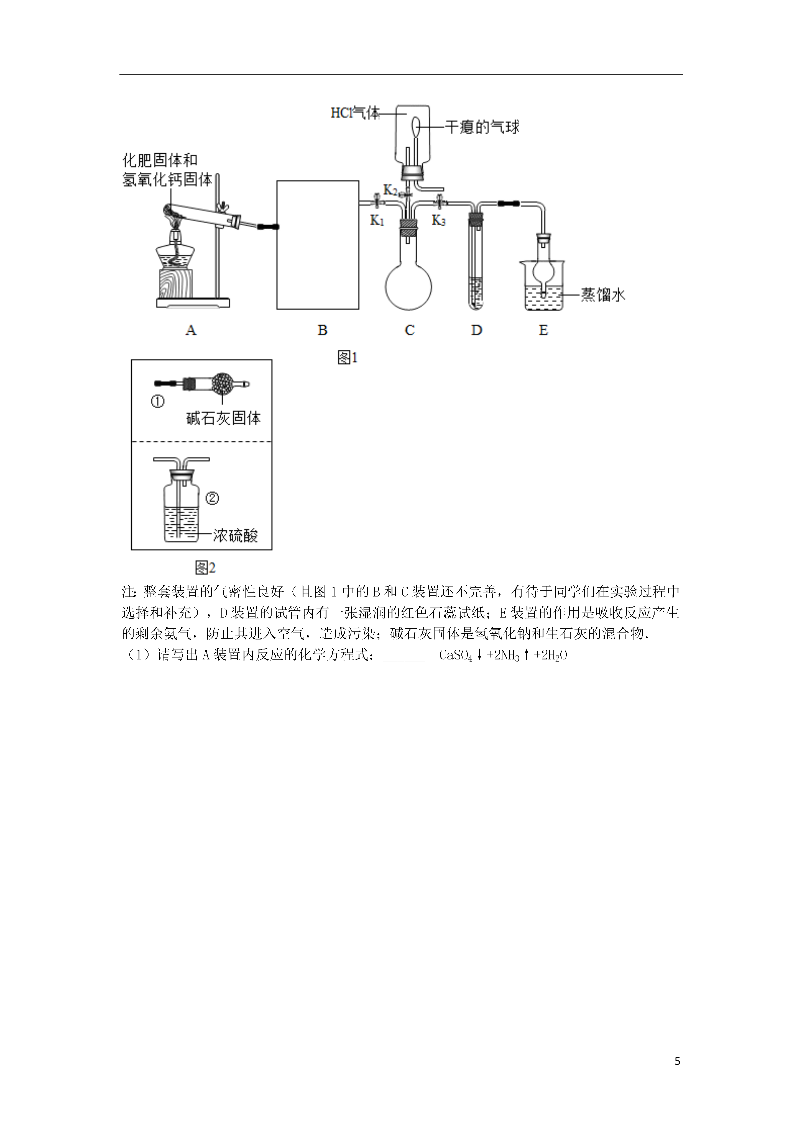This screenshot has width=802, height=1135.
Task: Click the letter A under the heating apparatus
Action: point(191,330)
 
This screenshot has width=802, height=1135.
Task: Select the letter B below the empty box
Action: point(322,330)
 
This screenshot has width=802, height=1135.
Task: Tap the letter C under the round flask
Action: point(410,330)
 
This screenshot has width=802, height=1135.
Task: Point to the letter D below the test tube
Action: point(476,330)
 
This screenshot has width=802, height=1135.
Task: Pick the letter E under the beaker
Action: point(543,330)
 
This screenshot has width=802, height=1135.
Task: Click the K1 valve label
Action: point(377,220)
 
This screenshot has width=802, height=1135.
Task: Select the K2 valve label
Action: point(390,190)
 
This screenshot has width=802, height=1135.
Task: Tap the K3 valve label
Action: point(438,220)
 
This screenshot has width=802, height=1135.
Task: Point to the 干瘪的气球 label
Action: point(482,128)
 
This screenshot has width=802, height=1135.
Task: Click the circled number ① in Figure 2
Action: point(157,402)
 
